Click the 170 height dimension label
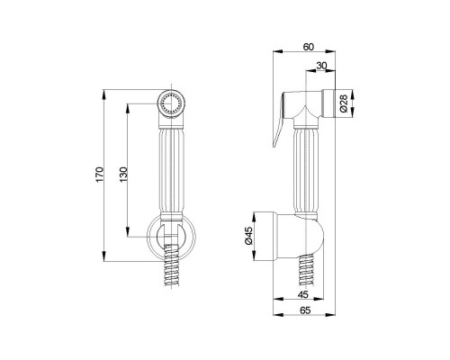pyautogui.click(x=100, y=175)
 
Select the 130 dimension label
pyautogui.click(x=123, y=175)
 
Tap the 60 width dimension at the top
pyautogui.click(x=308, y=47)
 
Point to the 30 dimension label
pyautogui.click(x=321, y=66)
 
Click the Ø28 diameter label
pyautogui.click(x=344, y=103)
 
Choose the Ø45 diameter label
pyautogui.click(x=249, y=236)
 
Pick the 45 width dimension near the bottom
pyautogui.click(x=303, y=294)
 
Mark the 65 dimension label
pyautogui.click(x=305, y=310)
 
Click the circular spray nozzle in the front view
pyautogui.click(x=171, y=103)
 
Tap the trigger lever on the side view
pyautogui.click(x=279, y=120)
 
